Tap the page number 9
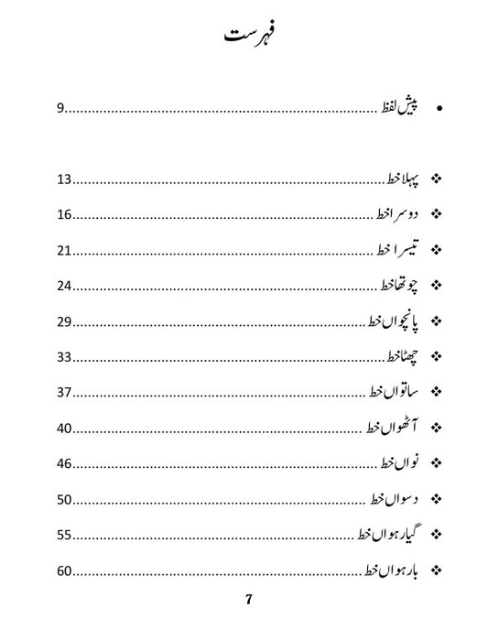60,109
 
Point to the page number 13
63,179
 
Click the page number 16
63,215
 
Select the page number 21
63,251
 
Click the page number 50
63,500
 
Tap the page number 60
63,570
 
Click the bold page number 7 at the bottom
248,602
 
